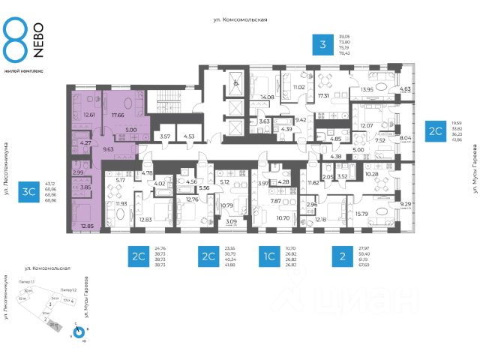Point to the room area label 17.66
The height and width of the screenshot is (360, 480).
pos(117,115)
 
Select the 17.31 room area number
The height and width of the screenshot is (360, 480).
pos(325,96)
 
